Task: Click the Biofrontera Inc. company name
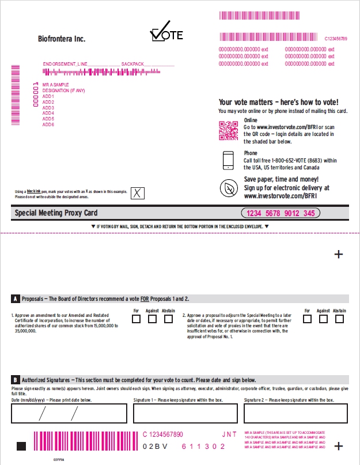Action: click(x=61, y=39)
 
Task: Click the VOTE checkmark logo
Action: click(x=166, y=32)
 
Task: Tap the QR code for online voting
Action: click(x=228, y=131)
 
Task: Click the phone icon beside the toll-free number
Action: click(x=229, y=160)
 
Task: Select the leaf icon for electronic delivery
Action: click(x=229, y=188)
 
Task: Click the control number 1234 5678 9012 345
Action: click(x=281, y=213)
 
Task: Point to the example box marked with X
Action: click(x=137, y=193)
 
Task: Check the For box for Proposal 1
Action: click(x=136, y=319)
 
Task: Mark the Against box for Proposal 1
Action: click(x=152, y=319)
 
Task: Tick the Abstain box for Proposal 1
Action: click(x=168, y=319)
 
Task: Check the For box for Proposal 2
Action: click(x=308, y=319)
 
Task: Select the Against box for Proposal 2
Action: click(x=323, y=319)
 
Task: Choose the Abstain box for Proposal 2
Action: click(x=340, y=319)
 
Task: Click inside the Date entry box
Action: click(x=69, y=413)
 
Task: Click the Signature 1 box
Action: click(x=185, y=413)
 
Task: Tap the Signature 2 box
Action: click(x=295, y=413)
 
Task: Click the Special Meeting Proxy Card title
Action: click(x=56, y=213)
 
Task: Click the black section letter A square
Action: click(x=15, y=299)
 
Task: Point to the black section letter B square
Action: click(x=15, y=380)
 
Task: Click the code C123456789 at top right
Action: click(x=336, y=39)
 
